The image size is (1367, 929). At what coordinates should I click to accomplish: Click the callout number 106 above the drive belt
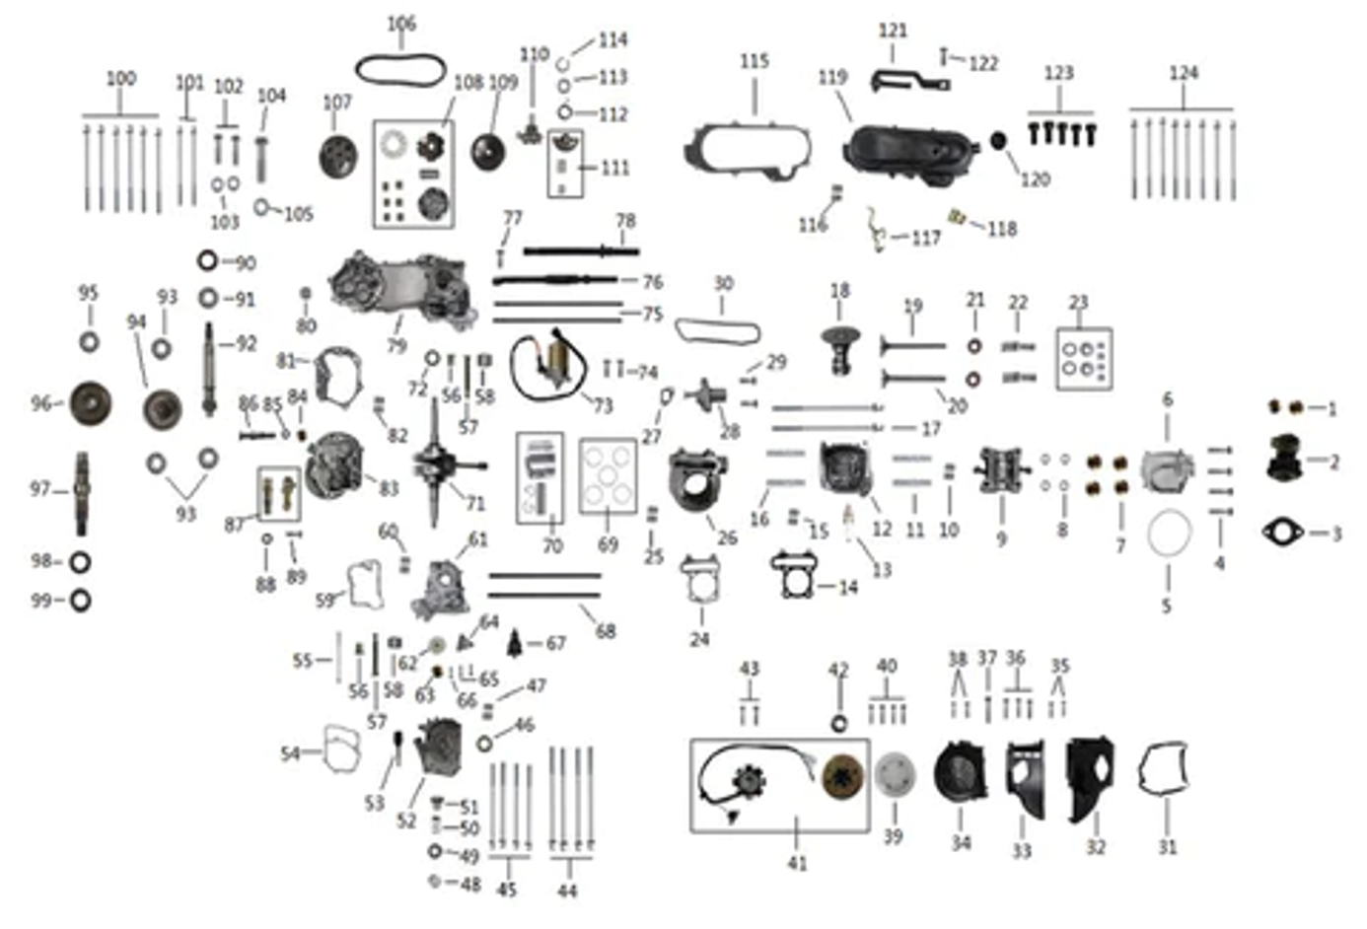tap(400, 23)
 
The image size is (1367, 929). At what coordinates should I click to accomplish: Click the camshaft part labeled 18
tap(839, 350)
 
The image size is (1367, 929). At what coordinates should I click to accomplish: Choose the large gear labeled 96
tap(91, 402)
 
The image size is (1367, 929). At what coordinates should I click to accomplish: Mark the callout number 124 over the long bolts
tap(1183, 73)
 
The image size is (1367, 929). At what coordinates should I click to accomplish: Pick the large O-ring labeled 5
tap(1169, 534)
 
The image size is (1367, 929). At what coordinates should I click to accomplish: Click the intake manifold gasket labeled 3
tap(1283, 533)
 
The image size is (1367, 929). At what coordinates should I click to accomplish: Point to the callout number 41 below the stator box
tap(797, 863)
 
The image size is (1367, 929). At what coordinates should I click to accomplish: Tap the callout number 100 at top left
tap(120, 78)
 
